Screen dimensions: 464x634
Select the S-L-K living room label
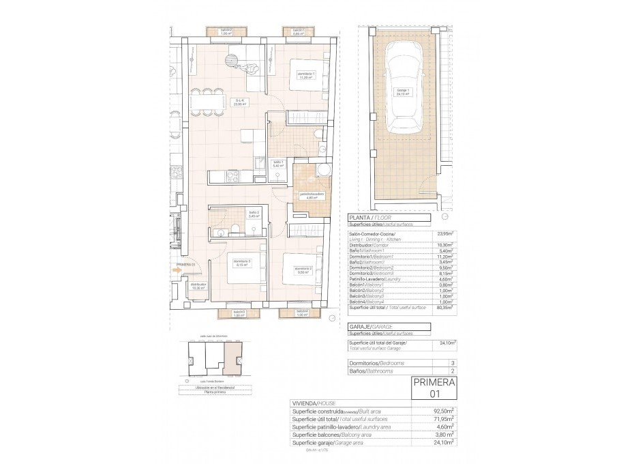pyautogui.click(x=240, y=104)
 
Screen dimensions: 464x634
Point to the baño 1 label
pyautogui.click(x=277, y=164)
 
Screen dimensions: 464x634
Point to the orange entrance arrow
pyautogui.click(x=177, y=271)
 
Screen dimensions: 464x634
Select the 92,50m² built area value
pyautogui.click(x=445, y=411)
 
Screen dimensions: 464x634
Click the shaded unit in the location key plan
pyautogui.click(x=233, y=359)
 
